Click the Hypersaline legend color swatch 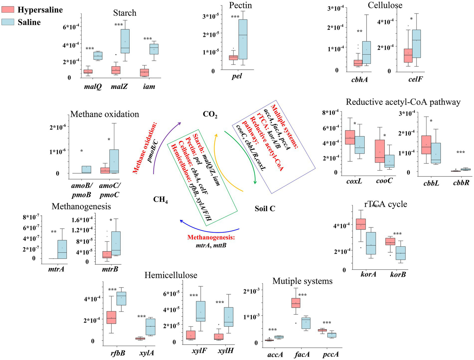pos(8,10)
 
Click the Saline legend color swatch pos(8,22)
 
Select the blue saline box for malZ pos(125,41)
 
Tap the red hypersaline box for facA pos(296,303)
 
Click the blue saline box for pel pos(243,39)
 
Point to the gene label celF pos(415,79)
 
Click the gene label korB pos(398,274)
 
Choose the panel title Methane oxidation pos(105,114)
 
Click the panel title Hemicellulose pos(171,275)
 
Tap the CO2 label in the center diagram pos(210,114)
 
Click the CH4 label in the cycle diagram pos(161,200)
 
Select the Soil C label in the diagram pos(265,209)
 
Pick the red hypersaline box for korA pos(361,228)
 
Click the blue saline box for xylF pos(200,311)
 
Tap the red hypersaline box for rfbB pos(111,317)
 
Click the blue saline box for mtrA pos(62,249)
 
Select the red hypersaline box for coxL pos(350,137)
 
